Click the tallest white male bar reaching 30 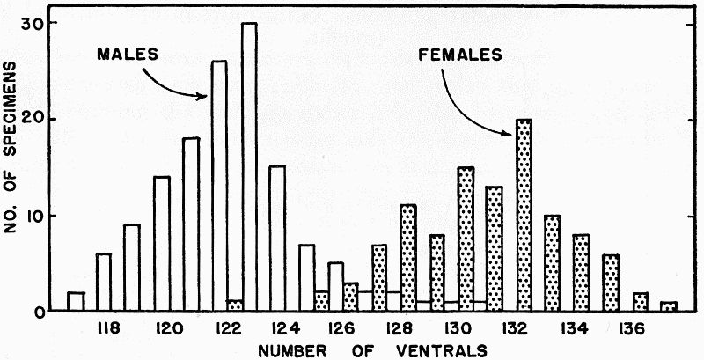[249, 167]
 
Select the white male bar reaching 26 [219, 185]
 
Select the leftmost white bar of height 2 [76, 302]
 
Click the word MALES [128, 54]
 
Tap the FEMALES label [460, 54]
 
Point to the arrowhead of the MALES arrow [205, 97]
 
